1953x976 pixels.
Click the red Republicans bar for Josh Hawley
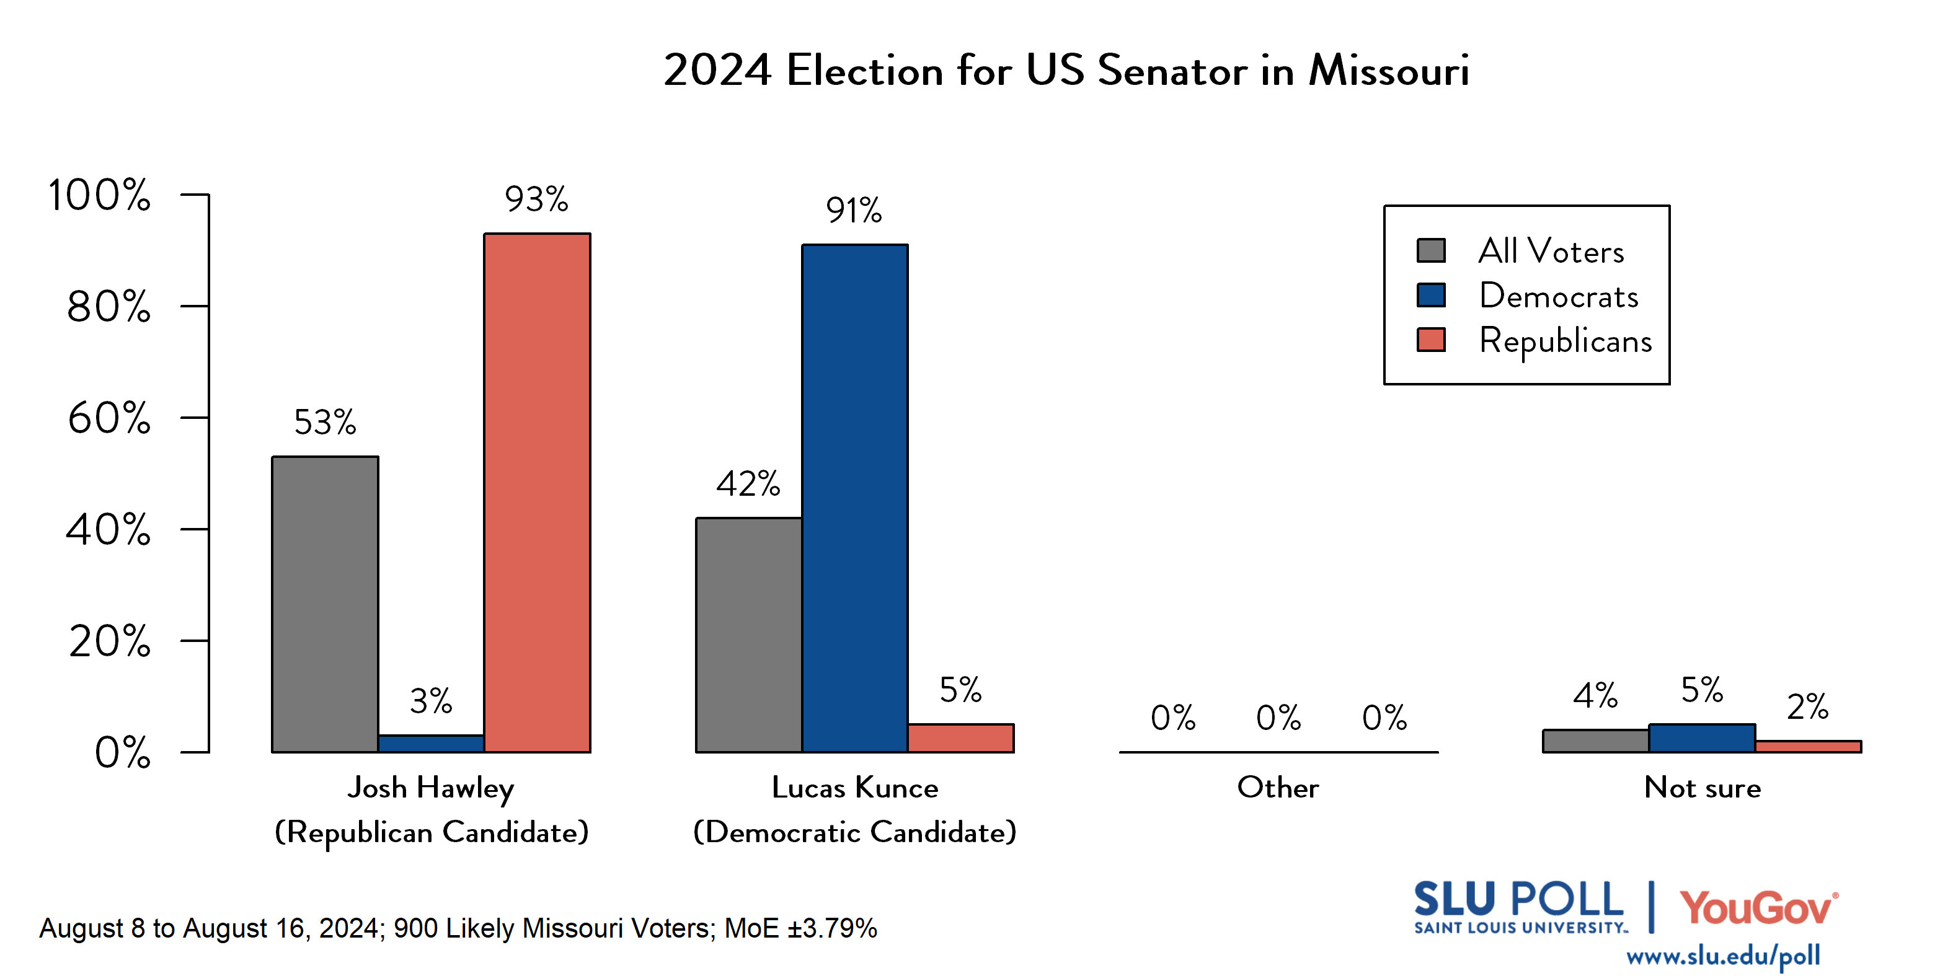tap(537, 493)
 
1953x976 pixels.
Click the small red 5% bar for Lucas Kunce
tap(960, 738)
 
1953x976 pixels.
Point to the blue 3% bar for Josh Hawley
tap(431, 744)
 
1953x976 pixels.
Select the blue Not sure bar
tap(1701, 738)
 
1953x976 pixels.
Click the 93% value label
tap(536, 200)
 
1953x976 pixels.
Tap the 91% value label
tap(854, 211)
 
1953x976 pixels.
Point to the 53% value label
tap(324, 422)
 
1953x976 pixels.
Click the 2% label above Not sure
tap(1807, 707)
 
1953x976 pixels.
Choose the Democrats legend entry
tap(1558, 296)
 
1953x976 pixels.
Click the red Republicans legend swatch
tap(1430, 340)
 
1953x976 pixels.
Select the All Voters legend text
tap(1551, 251)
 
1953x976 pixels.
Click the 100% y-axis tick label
tap(99, 195)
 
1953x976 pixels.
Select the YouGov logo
tap(1758, 907)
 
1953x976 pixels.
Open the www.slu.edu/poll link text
tap(1722, 956)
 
